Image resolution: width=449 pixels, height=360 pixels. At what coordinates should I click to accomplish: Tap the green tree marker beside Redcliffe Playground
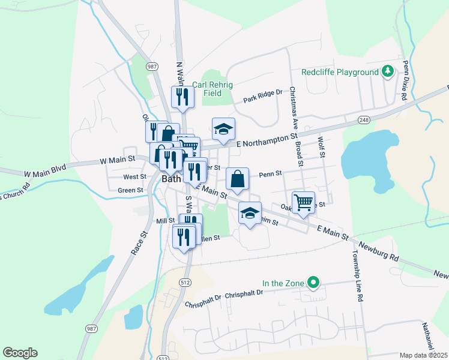[x=388, y=72]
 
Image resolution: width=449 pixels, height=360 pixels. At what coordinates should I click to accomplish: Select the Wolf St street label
[x=322, y=147]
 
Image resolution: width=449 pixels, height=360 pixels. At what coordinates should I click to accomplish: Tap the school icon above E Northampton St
[x=223, y=129]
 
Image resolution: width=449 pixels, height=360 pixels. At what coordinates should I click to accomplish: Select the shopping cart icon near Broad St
[x=304, y=202]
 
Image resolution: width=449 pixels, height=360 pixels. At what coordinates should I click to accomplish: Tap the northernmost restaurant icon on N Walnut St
[x=182, y=97]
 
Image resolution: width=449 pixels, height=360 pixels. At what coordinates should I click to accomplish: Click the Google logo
[x=20, y=352]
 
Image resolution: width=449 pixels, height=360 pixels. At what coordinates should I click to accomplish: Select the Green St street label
[x=130, y=190]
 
